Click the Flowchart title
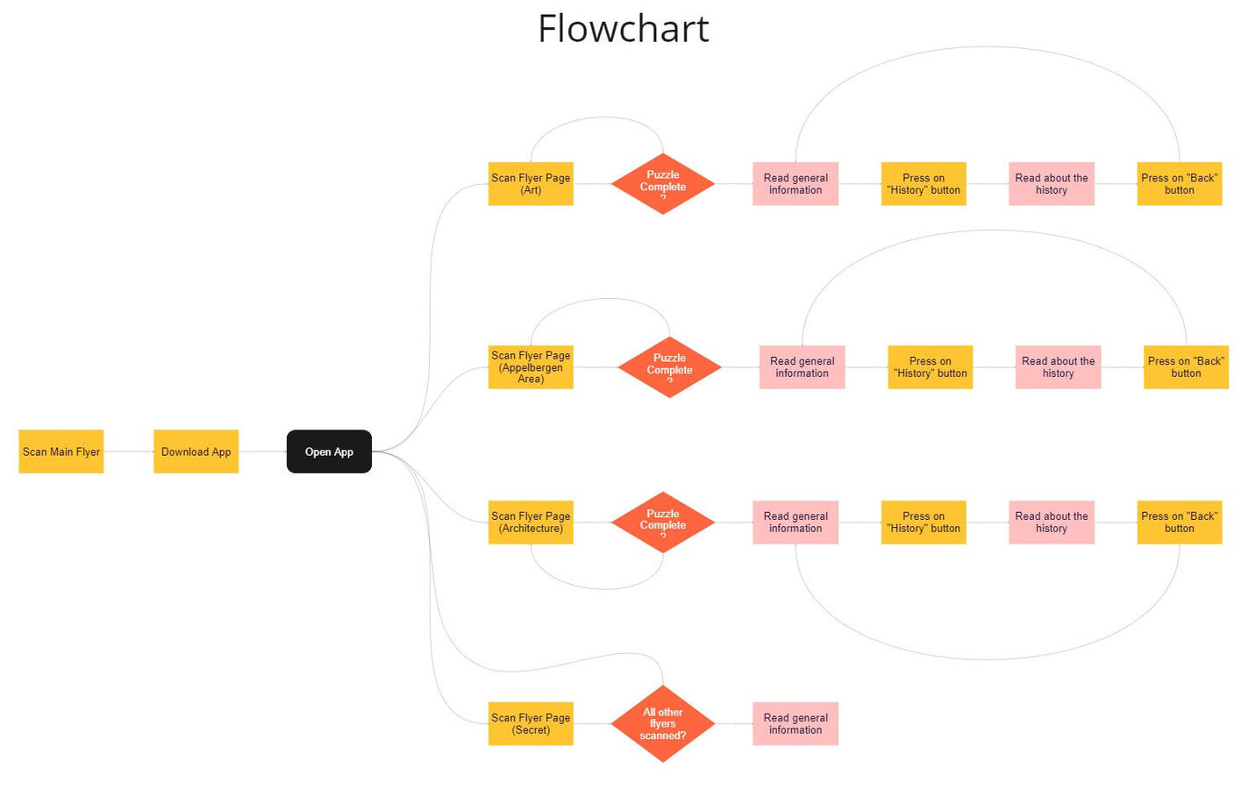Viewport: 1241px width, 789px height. pyautogui.click(x=623, y=29)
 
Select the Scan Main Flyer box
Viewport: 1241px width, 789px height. pyautogui.click(x=61, y=451)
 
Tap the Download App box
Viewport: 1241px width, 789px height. pyautogui.click(x=196, y=451)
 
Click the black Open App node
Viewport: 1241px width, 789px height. pyautogui.click(x=329, y=451)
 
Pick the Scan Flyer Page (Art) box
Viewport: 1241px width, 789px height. pyautogui.click(x=531, y=184)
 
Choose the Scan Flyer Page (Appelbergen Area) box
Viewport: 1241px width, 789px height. pyautogui.click(x=531, y=367)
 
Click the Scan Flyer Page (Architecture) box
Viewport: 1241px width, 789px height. pyautogui.click(x=531, y=522)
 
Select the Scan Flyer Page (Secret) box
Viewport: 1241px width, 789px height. pyautogui.click(x=531, y=724)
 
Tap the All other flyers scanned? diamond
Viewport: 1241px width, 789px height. pyautogui.click(x=663, y=724)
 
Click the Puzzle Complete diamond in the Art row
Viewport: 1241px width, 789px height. pyautogui.click(x=663, y=184)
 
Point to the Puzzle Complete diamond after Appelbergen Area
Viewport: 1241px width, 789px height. pyautogui.click(x=669, y=367)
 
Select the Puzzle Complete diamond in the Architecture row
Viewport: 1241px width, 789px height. pyautogui.click(x=663, y=522)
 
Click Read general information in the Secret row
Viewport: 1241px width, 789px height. pyautogui.click(x=795, y=724)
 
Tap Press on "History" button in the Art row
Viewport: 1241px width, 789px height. pyautogui.click(x=924, y=184)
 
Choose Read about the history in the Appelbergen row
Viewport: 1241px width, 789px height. pyautogui.click(x=1058, y=367)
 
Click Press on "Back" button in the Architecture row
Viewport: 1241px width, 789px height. pyautogui.click(x=1179, y=522)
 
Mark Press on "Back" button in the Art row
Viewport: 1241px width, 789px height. pyautogui.click(x=1179, y=184)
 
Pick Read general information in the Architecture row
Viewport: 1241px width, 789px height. pyautogui.click(x=795, y=522)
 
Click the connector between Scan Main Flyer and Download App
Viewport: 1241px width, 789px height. pyautogui.click(x=128, y=451)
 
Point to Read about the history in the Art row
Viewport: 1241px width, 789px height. pyautogui.click(x=1051, y=184)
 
